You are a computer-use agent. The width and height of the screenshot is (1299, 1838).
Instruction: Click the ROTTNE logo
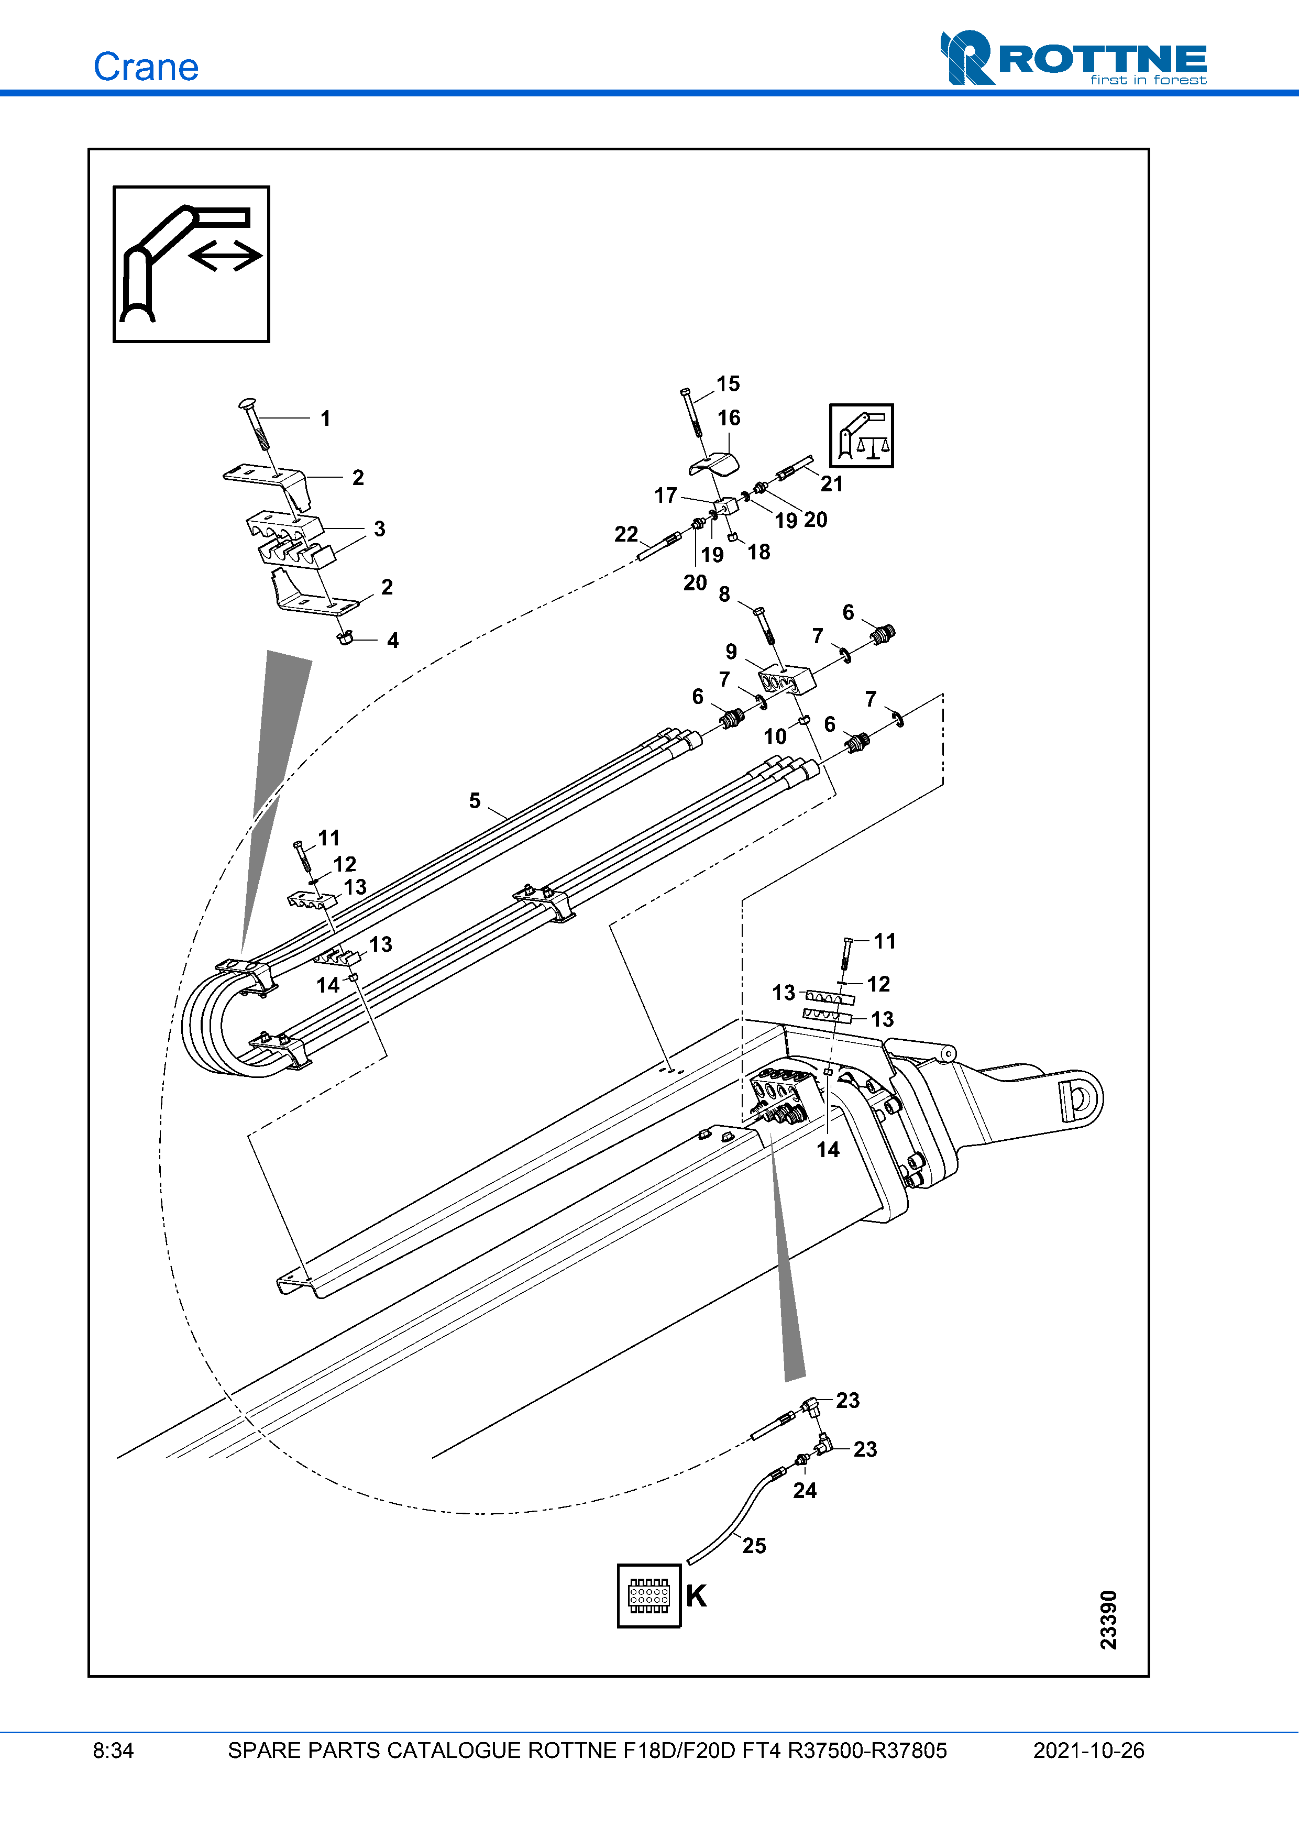[x=1073, y=59]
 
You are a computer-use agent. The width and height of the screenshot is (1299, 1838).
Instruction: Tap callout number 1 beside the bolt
[x=325, y=419]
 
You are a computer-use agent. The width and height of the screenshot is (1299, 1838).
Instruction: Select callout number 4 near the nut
[x=392, y=641]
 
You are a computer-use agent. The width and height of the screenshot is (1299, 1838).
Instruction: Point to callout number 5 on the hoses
[x=475, y=800]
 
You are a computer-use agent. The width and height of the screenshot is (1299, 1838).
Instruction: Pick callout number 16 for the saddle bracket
[x=729, y=418]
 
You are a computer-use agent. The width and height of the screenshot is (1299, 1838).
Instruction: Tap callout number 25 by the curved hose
[x=754, y=1546]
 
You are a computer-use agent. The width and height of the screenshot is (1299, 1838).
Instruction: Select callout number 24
[x=805, y=1491]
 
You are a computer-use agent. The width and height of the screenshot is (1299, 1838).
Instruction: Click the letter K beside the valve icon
[x=696, y=1596]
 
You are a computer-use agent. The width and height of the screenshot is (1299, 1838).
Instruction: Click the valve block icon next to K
[x=648, y=1596]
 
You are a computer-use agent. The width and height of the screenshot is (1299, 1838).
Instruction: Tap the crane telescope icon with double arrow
[x=191, y=264]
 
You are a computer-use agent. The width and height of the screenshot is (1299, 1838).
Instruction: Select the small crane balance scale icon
[x=861, y=435]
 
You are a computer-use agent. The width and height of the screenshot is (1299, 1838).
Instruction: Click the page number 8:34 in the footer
[x=113, y=1751]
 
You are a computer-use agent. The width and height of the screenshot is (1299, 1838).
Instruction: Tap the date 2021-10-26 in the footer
[x=1088, y=1751]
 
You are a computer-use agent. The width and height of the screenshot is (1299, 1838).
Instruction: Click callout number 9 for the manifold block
[x=731, y=652]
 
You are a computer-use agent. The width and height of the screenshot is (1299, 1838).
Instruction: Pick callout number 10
[x=774, y=736]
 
